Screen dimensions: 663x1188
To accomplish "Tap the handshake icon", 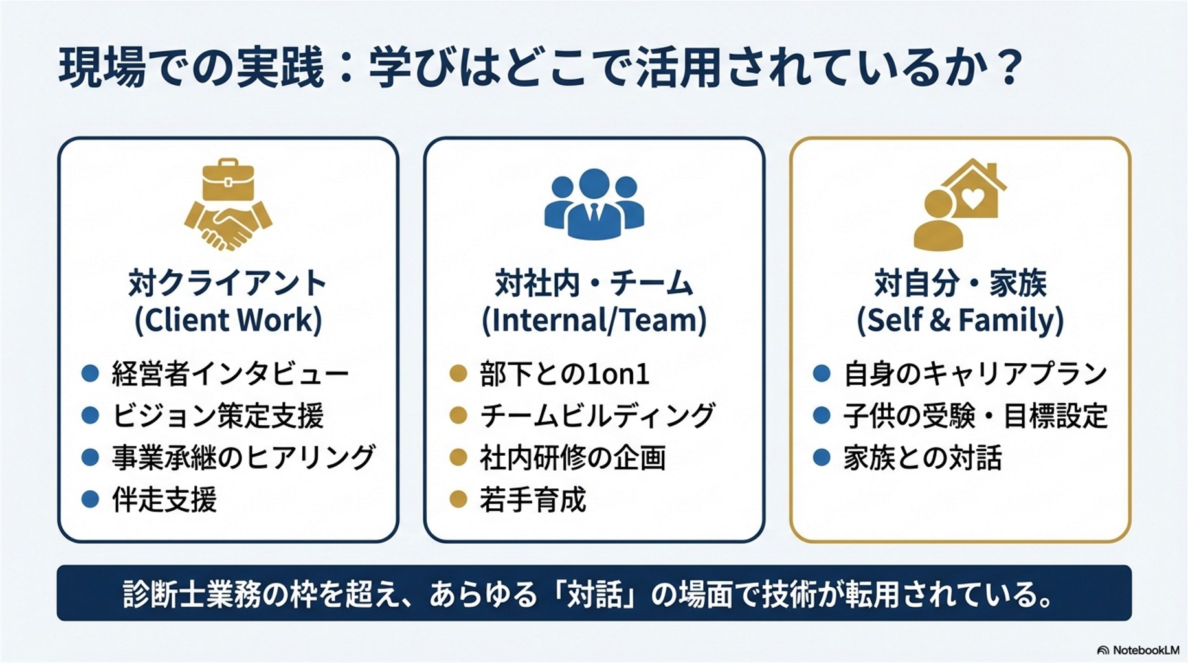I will click(x=228, y=227).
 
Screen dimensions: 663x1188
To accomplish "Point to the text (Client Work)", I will click(x=228, y=320).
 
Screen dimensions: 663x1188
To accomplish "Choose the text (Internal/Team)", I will click(x=594, y=320).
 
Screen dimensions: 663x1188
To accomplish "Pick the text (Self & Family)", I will click(x=960, y=320).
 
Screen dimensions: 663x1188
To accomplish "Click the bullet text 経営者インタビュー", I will click(x=230, y=374).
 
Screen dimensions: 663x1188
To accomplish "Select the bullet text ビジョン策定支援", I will click(x=218, y=416).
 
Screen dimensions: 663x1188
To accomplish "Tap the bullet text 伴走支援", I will click(x=164, y=499).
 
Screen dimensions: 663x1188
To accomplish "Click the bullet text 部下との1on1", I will click(x=565, y=374).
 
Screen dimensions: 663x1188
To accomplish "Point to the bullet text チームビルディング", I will click(x=597, y=416).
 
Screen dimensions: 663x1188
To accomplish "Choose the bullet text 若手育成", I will click(x=533, y=499).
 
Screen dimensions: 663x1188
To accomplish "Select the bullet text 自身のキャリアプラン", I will click(x=975, y=374).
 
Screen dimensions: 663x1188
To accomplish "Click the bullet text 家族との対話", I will click(x=923, y=458).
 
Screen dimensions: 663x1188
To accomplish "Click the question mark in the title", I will click(x=1009, y=67).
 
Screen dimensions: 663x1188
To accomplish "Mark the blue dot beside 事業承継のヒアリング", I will click(x=90, y=458).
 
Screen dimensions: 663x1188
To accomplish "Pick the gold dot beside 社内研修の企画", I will click(x=458, y=458).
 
